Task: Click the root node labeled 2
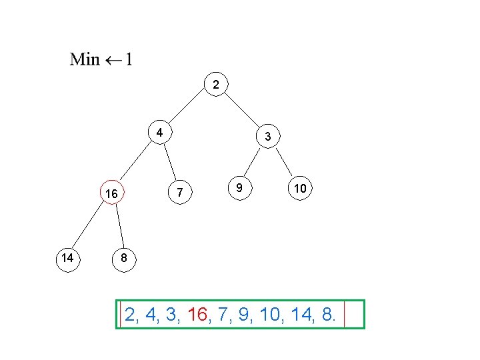pos(215,85)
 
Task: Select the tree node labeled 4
pos(159,132)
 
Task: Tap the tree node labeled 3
pos(267,137)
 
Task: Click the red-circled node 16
pos(111,193)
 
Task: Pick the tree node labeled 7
pos(179,193)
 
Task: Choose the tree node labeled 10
pos(300,189)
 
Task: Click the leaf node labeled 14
pos(67,257)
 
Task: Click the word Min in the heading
pos(85,59)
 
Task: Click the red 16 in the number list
pos(199,315)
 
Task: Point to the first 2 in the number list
pos(130,315)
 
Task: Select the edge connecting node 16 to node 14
pos(88,227)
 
